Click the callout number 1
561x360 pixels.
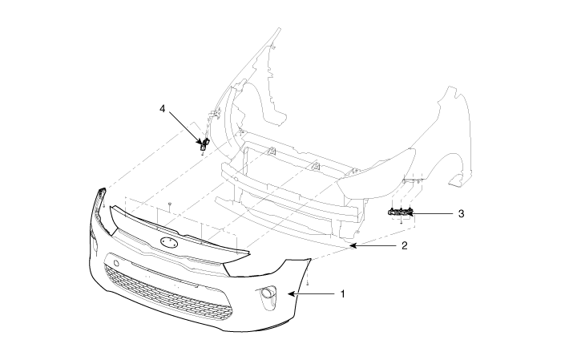click(342, 294)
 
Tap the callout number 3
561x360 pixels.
click(461, 214)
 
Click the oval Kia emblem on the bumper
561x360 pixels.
click(169, 241)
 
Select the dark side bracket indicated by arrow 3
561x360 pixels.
click(400, 212)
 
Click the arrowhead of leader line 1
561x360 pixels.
click(290, 294)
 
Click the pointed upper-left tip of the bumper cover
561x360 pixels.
click(101, 190)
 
